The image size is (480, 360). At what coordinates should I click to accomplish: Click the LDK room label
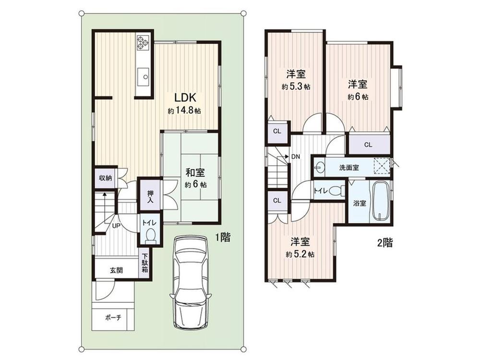pos(185,97)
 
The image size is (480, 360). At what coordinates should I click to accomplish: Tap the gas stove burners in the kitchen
pos(143,42)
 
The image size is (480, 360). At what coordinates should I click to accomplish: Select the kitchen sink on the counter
pos(143,76)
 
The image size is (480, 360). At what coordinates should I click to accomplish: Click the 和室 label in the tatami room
pos(195,173)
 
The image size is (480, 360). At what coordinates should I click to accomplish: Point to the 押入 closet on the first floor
pos(150,197)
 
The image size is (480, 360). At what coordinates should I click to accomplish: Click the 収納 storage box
pos(105,178)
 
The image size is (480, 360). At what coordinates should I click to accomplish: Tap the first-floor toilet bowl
pos(150,236)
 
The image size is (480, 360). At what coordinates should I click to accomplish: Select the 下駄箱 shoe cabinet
pos(145,263)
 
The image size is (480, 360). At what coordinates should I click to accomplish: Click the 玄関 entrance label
pos(116,271)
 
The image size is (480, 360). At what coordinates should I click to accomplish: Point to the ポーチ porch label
pos(113,317)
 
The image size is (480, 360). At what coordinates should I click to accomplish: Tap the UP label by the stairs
pos(116,226)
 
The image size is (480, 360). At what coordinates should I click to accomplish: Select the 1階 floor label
pos(223,237)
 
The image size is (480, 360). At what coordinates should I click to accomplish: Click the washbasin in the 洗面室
pos(320,168)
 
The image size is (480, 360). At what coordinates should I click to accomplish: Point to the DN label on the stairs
pos(295,157)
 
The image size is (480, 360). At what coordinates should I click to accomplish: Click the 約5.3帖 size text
pos(296,86)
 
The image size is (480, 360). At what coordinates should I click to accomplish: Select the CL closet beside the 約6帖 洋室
pos(369,144)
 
